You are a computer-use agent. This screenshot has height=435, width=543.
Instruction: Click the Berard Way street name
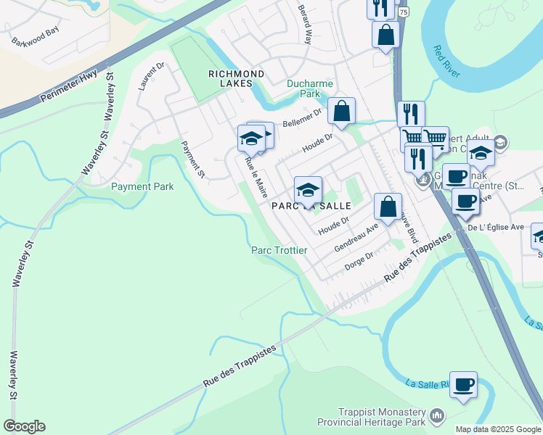pyautogui.click(x=303, y=25)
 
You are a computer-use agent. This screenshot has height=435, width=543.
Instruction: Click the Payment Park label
pyautogui.click(x=142, y=186)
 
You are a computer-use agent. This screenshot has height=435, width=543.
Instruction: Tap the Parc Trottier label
pyautogui.click(x=279, y=250)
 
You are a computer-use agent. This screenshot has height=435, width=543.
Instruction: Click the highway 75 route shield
pyautogui.click(x=403, y=12)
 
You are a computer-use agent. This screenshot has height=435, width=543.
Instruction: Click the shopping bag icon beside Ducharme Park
pyautogui.click(x=340, y=112)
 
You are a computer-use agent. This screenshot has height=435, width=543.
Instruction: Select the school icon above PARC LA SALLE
pyautogui.click(x=308, y=190)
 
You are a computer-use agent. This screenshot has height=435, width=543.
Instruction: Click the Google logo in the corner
pyautogui.click(x=24, y=426)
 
